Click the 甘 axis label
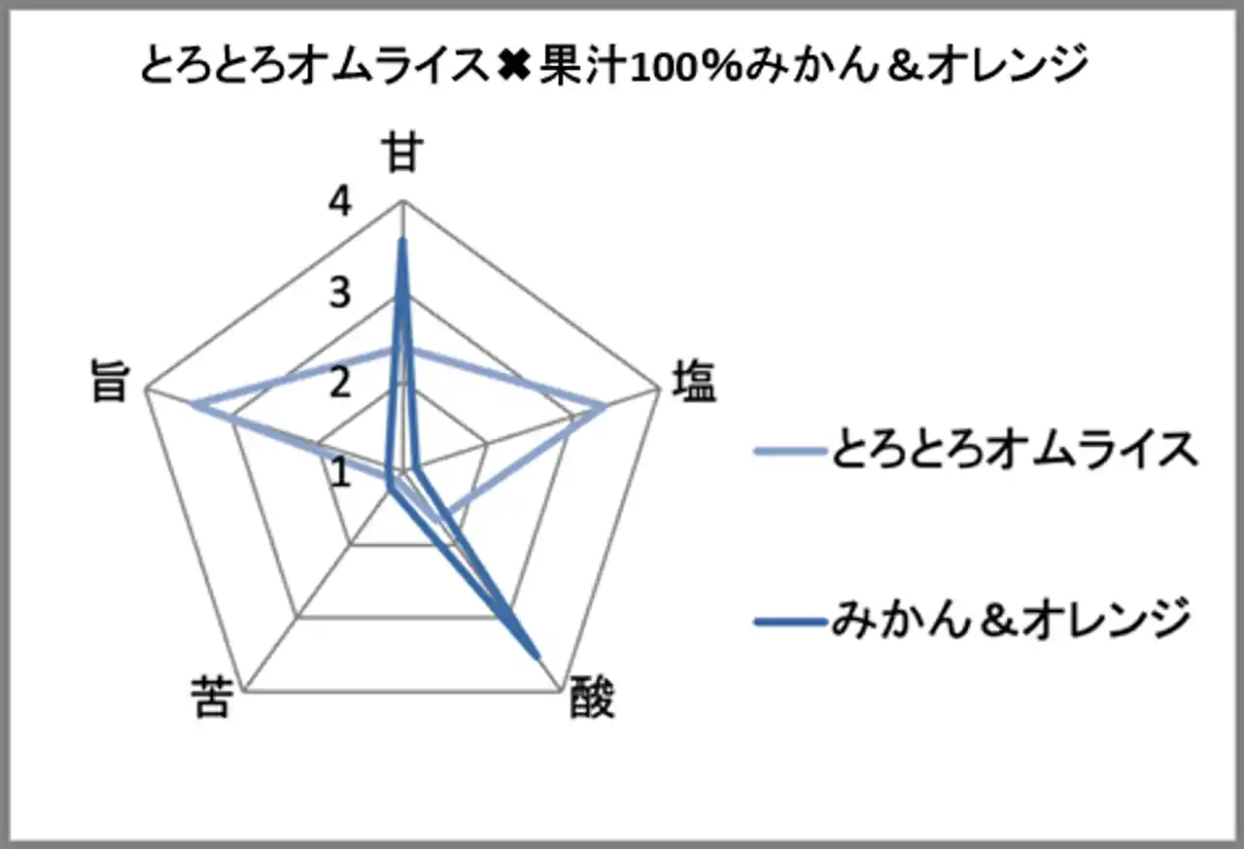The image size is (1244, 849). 402,152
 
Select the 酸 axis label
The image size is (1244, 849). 593,698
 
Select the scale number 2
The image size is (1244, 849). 340,383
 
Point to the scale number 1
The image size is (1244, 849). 340,473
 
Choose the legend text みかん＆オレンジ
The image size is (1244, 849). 1011,620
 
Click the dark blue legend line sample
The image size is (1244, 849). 788,623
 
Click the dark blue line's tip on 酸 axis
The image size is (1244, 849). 537,658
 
